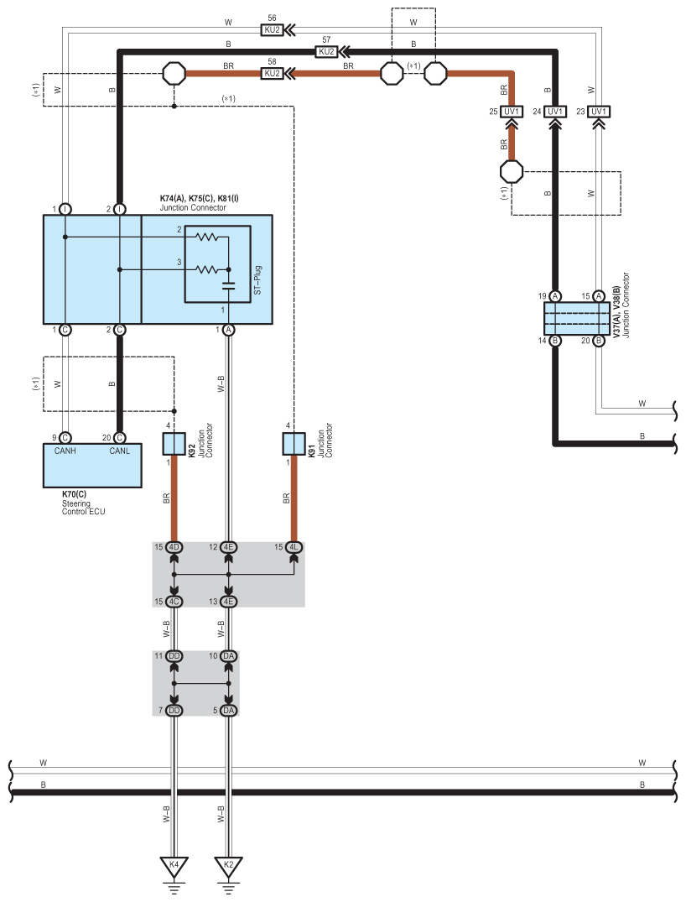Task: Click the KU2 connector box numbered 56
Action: click(272, 30)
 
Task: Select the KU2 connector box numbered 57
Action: click(326, 52)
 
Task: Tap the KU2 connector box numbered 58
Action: click(272, 74)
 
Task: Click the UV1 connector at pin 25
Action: click(512, 112)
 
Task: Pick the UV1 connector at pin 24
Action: click(555, 112)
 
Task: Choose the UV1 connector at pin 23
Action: click(599, 112)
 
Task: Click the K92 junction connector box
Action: click(174, 444)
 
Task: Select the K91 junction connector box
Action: click(294, 444)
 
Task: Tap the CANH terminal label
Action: click(65, 451)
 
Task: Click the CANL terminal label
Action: click(120, 451)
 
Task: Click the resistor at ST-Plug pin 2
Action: click(206, 237)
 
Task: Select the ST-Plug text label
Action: click(257, 280)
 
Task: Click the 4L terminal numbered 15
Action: click(294, 547)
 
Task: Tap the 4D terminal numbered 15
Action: click(174, 547)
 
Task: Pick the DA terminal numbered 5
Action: click(228, 711)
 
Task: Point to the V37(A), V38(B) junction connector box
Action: click(577, 318)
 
